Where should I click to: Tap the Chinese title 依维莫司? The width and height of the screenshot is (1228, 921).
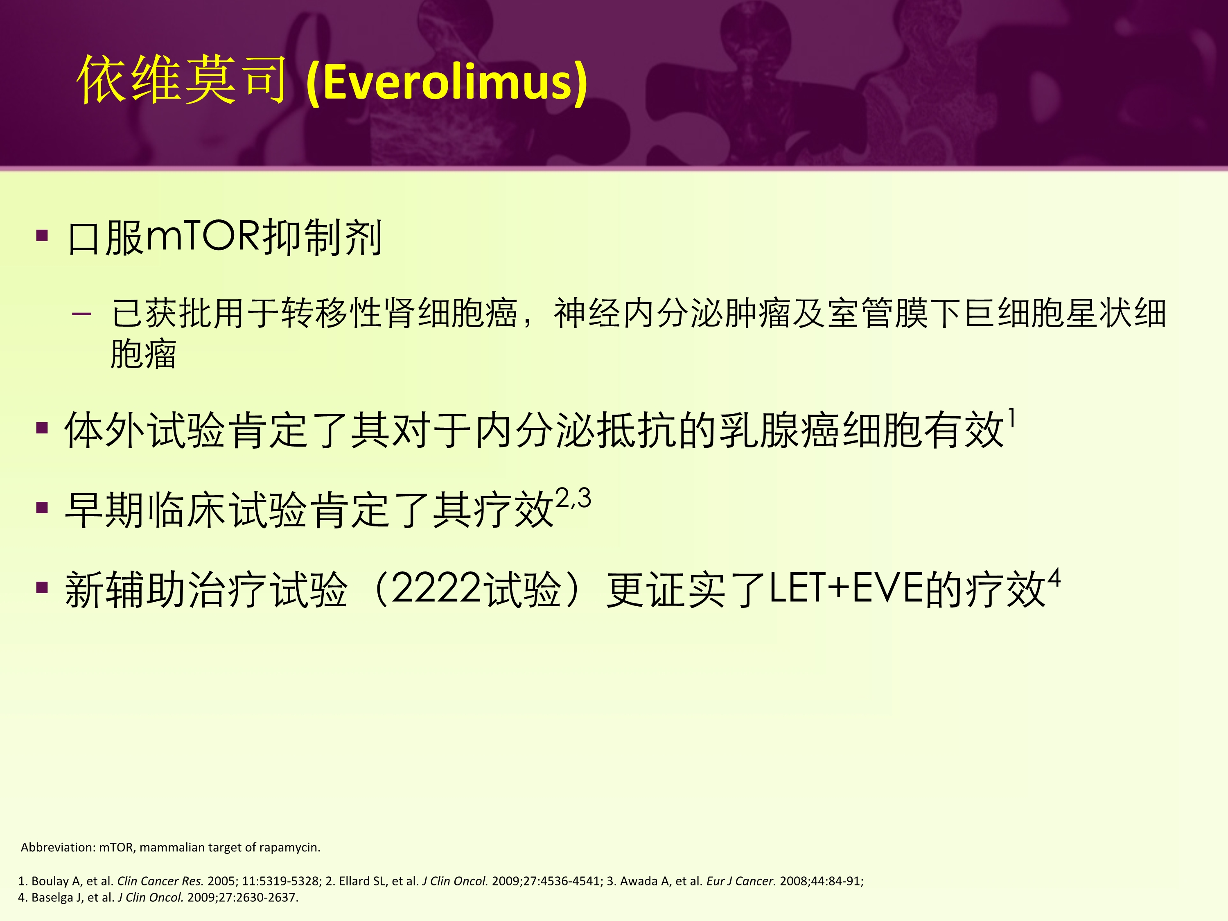point(181,81)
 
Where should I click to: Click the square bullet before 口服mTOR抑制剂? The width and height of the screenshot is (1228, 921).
point(42,235)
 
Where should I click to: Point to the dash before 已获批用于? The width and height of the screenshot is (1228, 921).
point(81,314)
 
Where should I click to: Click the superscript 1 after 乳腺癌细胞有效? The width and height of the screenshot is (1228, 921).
point(1012,418)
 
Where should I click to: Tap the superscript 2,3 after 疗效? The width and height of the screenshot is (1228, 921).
point(573,498)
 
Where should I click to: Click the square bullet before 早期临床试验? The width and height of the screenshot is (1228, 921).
point(42,508)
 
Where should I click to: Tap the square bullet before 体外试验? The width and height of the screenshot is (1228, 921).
point(42,427)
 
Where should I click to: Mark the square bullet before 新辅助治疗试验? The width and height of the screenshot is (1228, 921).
point(42,587)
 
